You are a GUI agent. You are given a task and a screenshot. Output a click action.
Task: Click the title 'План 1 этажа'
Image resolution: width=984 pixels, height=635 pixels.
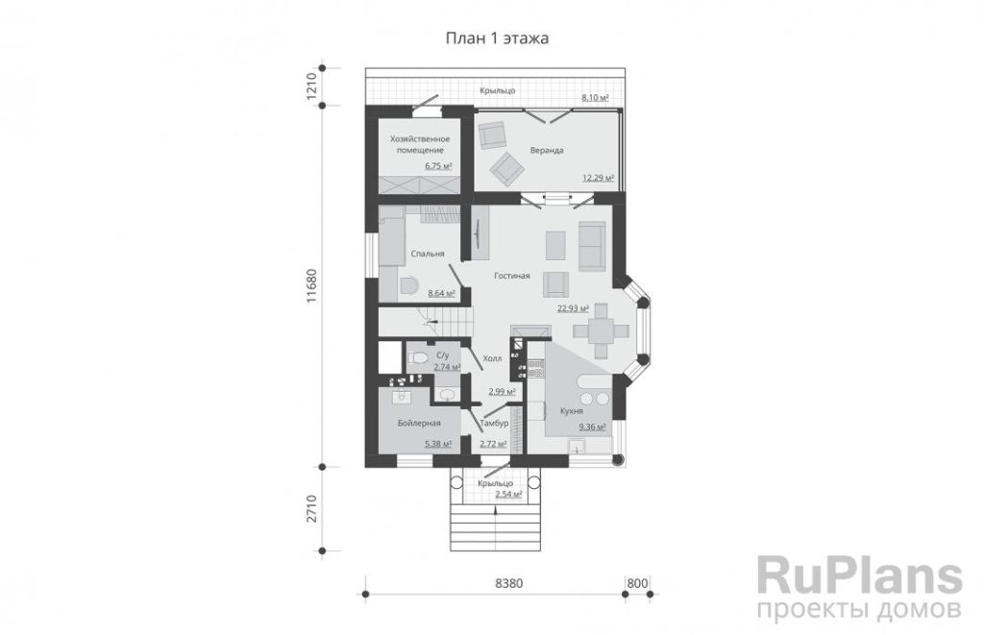(x=497, y=38)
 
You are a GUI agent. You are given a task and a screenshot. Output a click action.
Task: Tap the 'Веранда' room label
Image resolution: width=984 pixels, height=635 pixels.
(x=547, y=151)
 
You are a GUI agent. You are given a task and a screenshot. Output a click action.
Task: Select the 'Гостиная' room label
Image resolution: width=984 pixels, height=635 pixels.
(x=511, y=276)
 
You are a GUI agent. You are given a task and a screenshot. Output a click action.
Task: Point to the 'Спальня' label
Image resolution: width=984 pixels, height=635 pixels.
(x=428, y=254)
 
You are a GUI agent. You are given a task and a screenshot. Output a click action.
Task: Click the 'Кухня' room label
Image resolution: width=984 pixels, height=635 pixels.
(x=572, y=411)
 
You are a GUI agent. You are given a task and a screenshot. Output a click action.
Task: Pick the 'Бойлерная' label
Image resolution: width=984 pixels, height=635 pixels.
(x=419, y=423)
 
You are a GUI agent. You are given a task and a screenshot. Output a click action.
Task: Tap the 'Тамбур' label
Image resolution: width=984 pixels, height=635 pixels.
(x=494, y=424)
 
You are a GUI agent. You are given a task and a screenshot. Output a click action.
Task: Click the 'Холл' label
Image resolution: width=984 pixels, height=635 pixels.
(x=492, y=359)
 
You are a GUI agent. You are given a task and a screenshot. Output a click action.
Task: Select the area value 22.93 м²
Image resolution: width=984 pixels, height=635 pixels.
(x=573, y=308)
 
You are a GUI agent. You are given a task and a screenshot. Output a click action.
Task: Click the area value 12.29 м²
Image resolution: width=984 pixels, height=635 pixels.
(x=598, y=178)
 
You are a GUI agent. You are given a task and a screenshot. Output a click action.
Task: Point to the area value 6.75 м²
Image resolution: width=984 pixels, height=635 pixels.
(x=438, y=166)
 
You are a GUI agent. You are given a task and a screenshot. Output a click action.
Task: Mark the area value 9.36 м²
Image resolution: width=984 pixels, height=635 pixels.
(x=592, y=427)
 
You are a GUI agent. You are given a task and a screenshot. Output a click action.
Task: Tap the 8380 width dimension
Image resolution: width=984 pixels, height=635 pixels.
(x=508, y=583)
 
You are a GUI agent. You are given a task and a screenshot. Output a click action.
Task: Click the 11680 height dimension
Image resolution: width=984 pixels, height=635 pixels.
(x=312, y=287)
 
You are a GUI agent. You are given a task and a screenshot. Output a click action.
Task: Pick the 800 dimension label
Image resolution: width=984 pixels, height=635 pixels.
(x=637, y=583)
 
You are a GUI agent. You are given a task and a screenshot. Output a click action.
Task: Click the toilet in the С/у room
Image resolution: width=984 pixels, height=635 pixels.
(x=416, y=358)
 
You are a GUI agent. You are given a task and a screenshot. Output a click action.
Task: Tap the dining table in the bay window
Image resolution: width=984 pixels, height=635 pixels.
(x=601, y=330)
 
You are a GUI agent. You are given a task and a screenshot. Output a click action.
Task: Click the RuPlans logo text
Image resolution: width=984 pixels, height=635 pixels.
(x=860, y=574)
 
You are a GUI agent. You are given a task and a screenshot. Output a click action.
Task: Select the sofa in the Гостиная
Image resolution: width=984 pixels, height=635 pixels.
(x=591, y=246)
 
